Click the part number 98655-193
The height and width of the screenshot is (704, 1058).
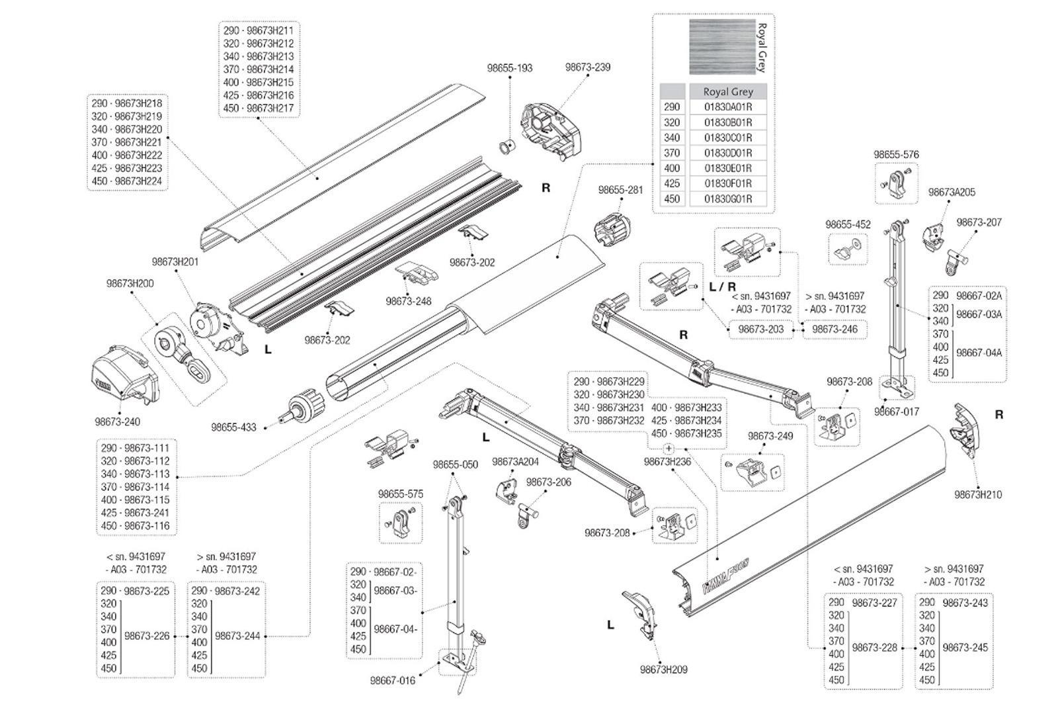point(509,68)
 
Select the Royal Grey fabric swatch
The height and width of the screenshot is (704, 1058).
point(721,46)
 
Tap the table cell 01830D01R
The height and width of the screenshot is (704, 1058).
point(728,153)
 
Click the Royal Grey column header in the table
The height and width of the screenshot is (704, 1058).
point(728,92)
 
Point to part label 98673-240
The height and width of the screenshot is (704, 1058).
point(117,421)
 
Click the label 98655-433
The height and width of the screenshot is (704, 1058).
point(233,427)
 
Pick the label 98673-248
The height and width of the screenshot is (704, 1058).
point(409,301)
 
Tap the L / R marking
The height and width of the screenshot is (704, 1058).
point(722,286)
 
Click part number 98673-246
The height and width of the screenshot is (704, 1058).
point(834,329)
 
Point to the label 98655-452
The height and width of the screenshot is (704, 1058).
point(848,224)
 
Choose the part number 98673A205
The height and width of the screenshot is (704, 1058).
point(952,193)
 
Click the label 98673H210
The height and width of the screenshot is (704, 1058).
point(977,494)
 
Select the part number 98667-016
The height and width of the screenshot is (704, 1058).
point(393,680)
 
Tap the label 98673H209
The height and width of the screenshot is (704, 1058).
point(663,669)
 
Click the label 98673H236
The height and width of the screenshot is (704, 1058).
point(667,462)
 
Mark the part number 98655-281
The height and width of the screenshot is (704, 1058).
point(620,190)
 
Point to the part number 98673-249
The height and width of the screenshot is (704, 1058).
point(770,436)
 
